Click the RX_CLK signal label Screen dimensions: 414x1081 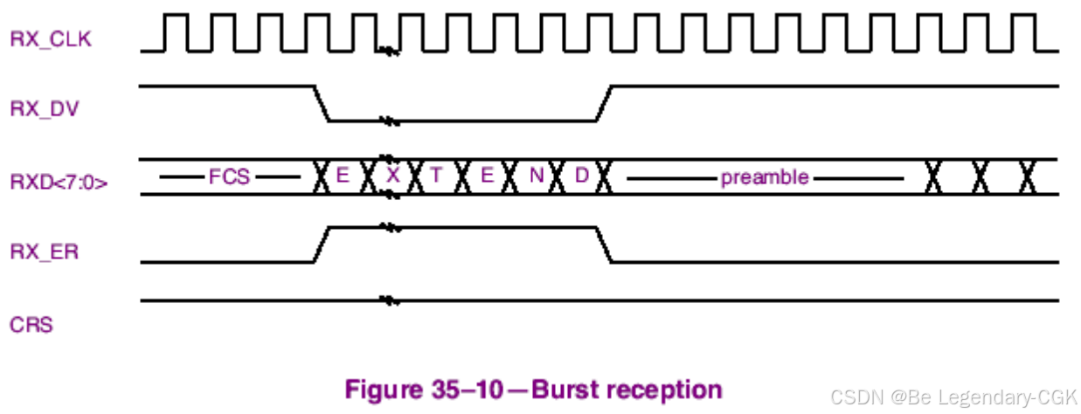50,38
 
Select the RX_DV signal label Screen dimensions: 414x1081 45,110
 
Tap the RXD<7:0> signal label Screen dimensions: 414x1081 59,183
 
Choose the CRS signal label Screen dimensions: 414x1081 31,326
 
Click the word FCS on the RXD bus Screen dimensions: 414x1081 229,177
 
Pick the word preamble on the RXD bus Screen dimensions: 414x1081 765,177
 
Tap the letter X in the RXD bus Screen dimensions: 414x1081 393,176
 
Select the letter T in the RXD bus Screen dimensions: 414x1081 436,176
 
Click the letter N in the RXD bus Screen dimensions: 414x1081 536,176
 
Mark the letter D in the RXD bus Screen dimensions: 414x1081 581,176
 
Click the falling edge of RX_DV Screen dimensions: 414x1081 321,103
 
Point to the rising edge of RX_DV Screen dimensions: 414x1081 603,103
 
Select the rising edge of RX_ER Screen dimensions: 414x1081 321,245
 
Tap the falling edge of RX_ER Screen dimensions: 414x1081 603,245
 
